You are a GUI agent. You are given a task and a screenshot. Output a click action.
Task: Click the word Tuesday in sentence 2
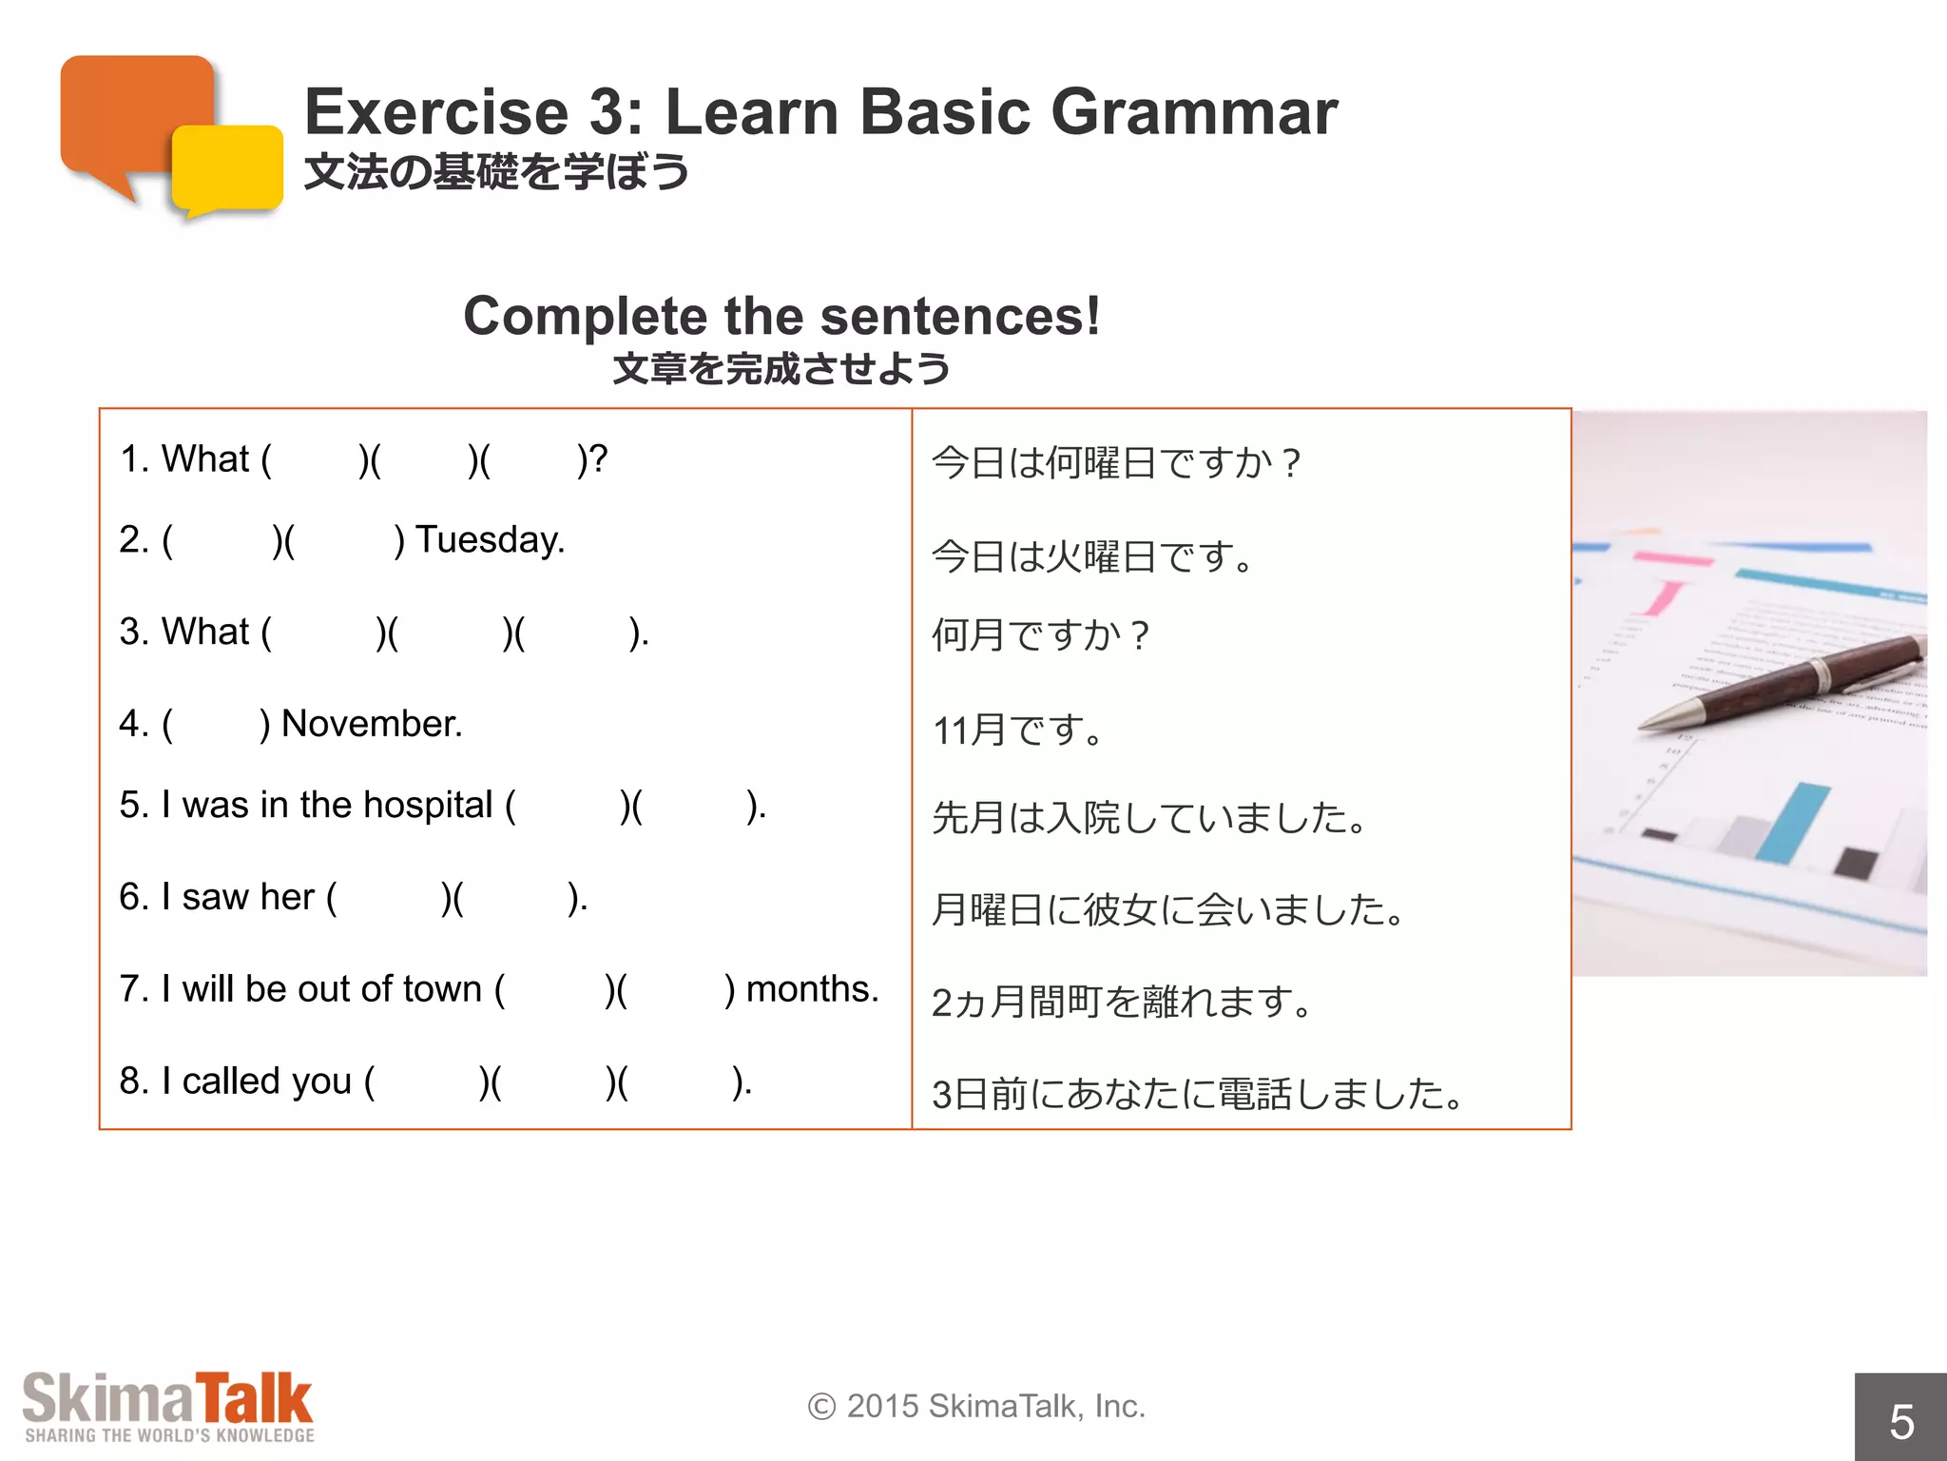(490, 540)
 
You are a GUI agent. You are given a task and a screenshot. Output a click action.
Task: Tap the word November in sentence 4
(372, 724)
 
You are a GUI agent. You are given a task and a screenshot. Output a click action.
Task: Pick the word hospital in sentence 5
(428, 806)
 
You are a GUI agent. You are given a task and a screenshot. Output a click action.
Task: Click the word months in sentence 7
(812, 989)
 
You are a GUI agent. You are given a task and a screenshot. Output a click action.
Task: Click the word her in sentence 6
(287, 897)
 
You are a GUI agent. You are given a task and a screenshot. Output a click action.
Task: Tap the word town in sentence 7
(442, 989)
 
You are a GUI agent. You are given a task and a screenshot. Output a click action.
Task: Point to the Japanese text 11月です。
(1017, 730)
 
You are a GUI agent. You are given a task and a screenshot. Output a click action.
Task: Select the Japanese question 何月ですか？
(1041, 635)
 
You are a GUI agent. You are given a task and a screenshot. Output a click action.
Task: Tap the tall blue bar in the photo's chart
(1792, 823)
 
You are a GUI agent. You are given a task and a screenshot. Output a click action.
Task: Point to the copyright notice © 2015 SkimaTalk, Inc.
(976, 1406)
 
